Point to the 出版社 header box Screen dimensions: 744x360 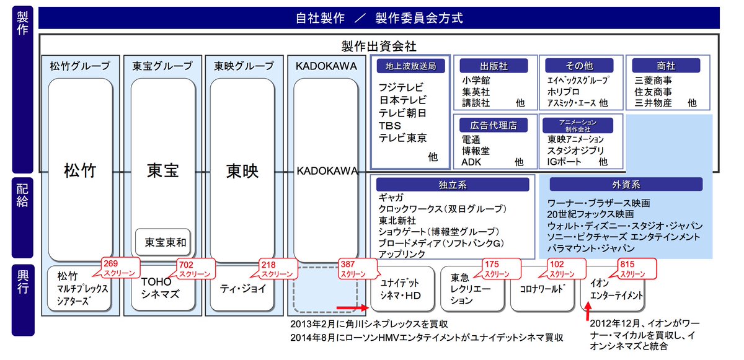click(494, 66)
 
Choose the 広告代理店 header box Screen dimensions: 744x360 click(494, 125)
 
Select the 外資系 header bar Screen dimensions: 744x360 click(626, 185)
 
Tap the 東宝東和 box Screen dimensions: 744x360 click(165, 242)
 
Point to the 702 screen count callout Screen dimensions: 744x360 click(194, 268)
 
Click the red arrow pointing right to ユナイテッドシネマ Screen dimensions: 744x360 click(352, 307)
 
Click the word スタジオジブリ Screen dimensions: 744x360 click(575, 150)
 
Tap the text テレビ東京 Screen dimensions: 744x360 click(403, 138)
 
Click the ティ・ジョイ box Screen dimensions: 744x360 click(242, 289)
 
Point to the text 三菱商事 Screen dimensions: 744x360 click(653, 81)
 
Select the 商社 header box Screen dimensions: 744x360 click(666, 66)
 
